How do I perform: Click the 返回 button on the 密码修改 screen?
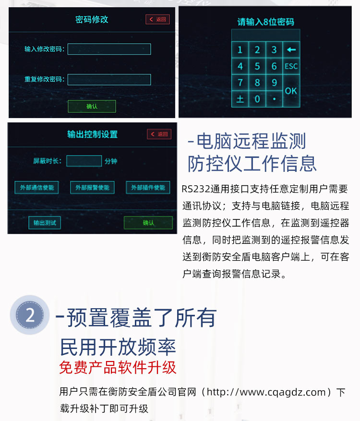(x=158, y=20)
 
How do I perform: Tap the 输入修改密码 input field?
(x=109, y=49)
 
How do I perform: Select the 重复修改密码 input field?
(x=109, y=79)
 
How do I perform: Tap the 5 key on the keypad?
(x=257, y=66)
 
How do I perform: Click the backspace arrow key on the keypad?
(x=291, y=49)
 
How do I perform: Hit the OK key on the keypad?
(x=291, y=91)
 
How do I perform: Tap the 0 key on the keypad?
(x=257, y=99)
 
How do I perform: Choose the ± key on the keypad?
(x=240, y=99)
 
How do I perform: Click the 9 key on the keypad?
(x=274, y=83)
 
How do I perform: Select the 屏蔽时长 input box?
(x=84, y=161)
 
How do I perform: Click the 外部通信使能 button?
(x=36, y=187)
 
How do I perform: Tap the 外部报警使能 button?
(x=92, y=187)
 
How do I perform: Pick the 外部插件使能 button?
(x=148, y=187)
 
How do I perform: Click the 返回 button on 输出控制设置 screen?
(x=159, y=134)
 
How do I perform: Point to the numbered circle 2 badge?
(x=30, y=315)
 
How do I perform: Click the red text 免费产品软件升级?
(x=118, y=367)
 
